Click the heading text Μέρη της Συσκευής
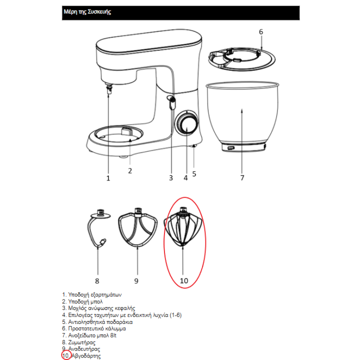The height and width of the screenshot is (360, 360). tap(87, 11)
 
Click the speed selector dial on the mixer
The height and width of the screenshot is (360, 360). tap(186, 123)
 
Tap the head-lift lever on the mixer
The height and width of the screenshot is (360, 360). tap(171, 102)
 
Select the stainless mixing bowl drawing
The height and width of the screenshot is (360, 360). tap(242, 116)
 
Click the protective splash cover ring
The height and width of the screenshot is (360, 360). tap(241, 59)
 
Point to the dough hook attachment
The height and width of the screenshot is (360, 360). tap(98, 228)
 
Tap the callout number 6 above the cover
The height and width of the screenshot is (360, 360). tap(261, 31)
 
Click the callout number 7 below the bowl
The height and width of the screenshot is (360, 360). tap(242, 177)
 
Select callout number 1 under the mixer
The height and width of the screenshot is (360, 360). tap(108, 178)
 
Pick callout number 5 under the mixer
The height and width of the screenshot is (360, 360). tap(194, 174)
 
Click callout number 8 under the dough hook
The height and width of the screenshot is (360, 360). tap(97, 281)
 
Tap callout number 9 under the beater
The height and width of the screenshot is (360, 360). tap(136, 281)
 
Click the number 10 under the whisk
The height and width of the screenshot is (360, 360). tap(184, 280)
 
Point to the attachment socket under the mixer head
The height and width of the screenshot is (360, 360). tap(109, 88)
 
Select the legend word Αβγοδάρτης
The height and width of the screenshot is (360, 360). tap(86, 356)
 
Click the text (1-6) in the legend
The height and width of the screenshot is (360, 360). tap(175, 315)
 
